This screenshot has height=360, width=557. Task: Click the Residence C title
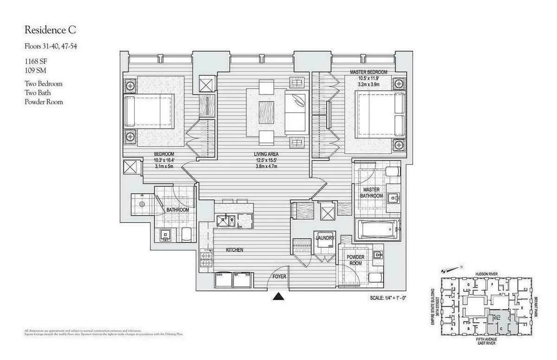(50, 31)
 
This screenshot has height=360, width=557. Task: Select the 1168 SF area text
(37, 62)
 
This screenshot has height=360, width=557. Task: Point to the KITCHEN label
(234, 250)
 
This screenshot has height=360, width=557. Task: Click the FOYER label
(279, 276)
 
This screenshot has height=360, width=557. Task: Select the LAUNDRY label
(325, 238)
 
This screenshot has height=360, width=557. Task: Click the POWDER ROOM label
(355, 260)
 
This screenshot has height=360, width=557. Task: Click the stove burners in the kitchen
(205, 259)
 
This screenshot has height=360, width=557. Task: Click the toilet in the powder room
(376, 278)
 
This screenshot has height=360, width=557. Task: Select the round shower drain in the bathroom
(142, 204)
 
